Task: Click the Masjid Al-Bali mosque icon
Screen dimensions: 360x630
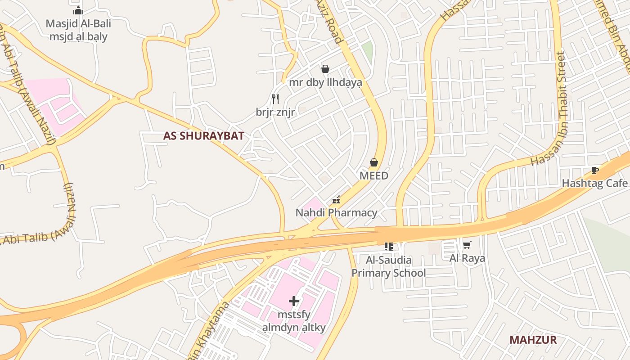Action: click(x=78, y=10)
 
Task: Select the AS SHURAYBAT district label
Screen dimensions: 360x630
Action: click(x=203, y=136)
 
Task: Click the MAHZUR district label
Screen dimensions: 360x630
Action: click(x=533, y=340)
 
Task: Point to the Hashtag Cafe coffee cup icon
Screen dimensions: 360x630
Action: click(x=594, y=170)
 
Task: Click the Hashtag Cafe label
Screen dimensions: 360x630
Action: click(x=594, y=183)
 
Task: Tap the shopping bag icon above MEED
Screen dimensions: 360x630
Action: click(x=374, y=162)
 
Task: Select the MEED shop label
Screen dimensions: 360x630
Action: click(x=373, y=176)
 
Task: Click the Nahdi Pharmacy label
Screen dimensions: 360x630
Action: click(x=336, y=212)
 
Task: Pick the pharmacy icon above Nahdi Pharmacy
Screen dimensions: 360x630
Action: click(x=336, y=200)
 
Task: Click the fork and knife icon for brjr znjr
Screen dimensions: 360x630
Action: click(x=275, y=99)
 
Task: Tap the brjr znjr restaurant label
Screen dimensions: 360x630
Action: click(x=275, y=112)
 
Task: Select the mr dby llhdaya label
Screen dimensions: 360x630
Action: click(x=325, y=82)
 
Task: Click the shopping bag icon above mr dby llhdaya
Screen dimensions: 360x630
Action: click(x=325, y=69)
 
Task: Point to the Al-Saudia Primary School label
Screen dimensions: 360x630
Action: click(x=388, y=266)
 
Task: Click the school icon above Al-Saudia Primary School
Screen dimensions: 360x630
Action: click(x=389, y=246)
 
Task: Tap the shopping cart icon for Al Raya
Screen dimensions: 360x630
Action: click(x=467, y=245)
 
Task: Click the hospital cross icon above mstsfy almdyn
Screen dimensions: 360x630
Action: click(x=294, y=301)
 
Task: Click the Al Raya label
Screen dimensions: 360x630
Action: click(x=467, y=258)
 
